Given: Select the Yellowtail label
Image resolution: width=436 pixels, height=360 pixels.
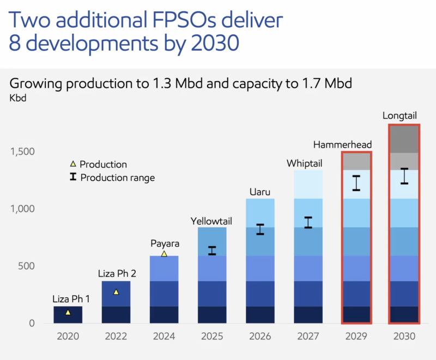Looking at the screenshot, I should coord(211,221).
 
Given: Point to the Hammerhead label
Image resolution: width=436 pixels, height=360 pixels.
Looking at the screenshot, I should coord(342,144).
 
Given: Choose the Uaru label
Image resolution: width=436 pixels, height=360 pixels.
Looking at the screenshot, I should coord(260,192).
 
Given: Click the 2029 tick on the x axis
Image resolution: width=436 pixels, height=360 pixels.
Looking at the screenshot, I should coord(356,337).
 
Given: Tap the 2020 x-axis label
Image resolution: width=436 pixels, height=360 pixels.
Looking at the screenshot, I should coord(68,337).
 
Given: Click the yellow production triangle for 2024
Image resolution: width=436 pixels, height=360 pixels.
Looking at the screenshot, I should coord(164,254).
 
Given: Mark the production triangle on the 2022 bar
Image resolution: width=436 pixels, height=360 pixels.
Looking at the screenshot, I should coord(116,292).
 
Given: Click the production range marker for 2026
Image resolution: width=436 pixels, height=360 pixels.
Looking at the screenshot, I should coord(260,229).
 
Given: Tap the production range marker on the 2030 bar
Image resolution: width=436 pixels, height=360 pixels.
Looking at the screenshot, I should coord(404,176).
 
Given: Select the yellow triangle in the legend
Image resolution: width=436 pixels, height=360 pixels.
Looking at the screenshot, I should coord(72,164).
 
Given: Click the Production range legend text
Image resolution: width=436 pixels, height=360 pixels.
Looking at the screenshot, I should coord(118,178).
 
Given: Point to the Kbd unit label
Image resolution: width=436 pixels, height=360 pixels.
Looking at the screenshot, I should coord(18,99).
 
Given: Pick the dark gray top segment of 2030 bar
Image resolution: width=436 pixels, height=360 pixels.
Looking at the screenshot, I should coord(404,139).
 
